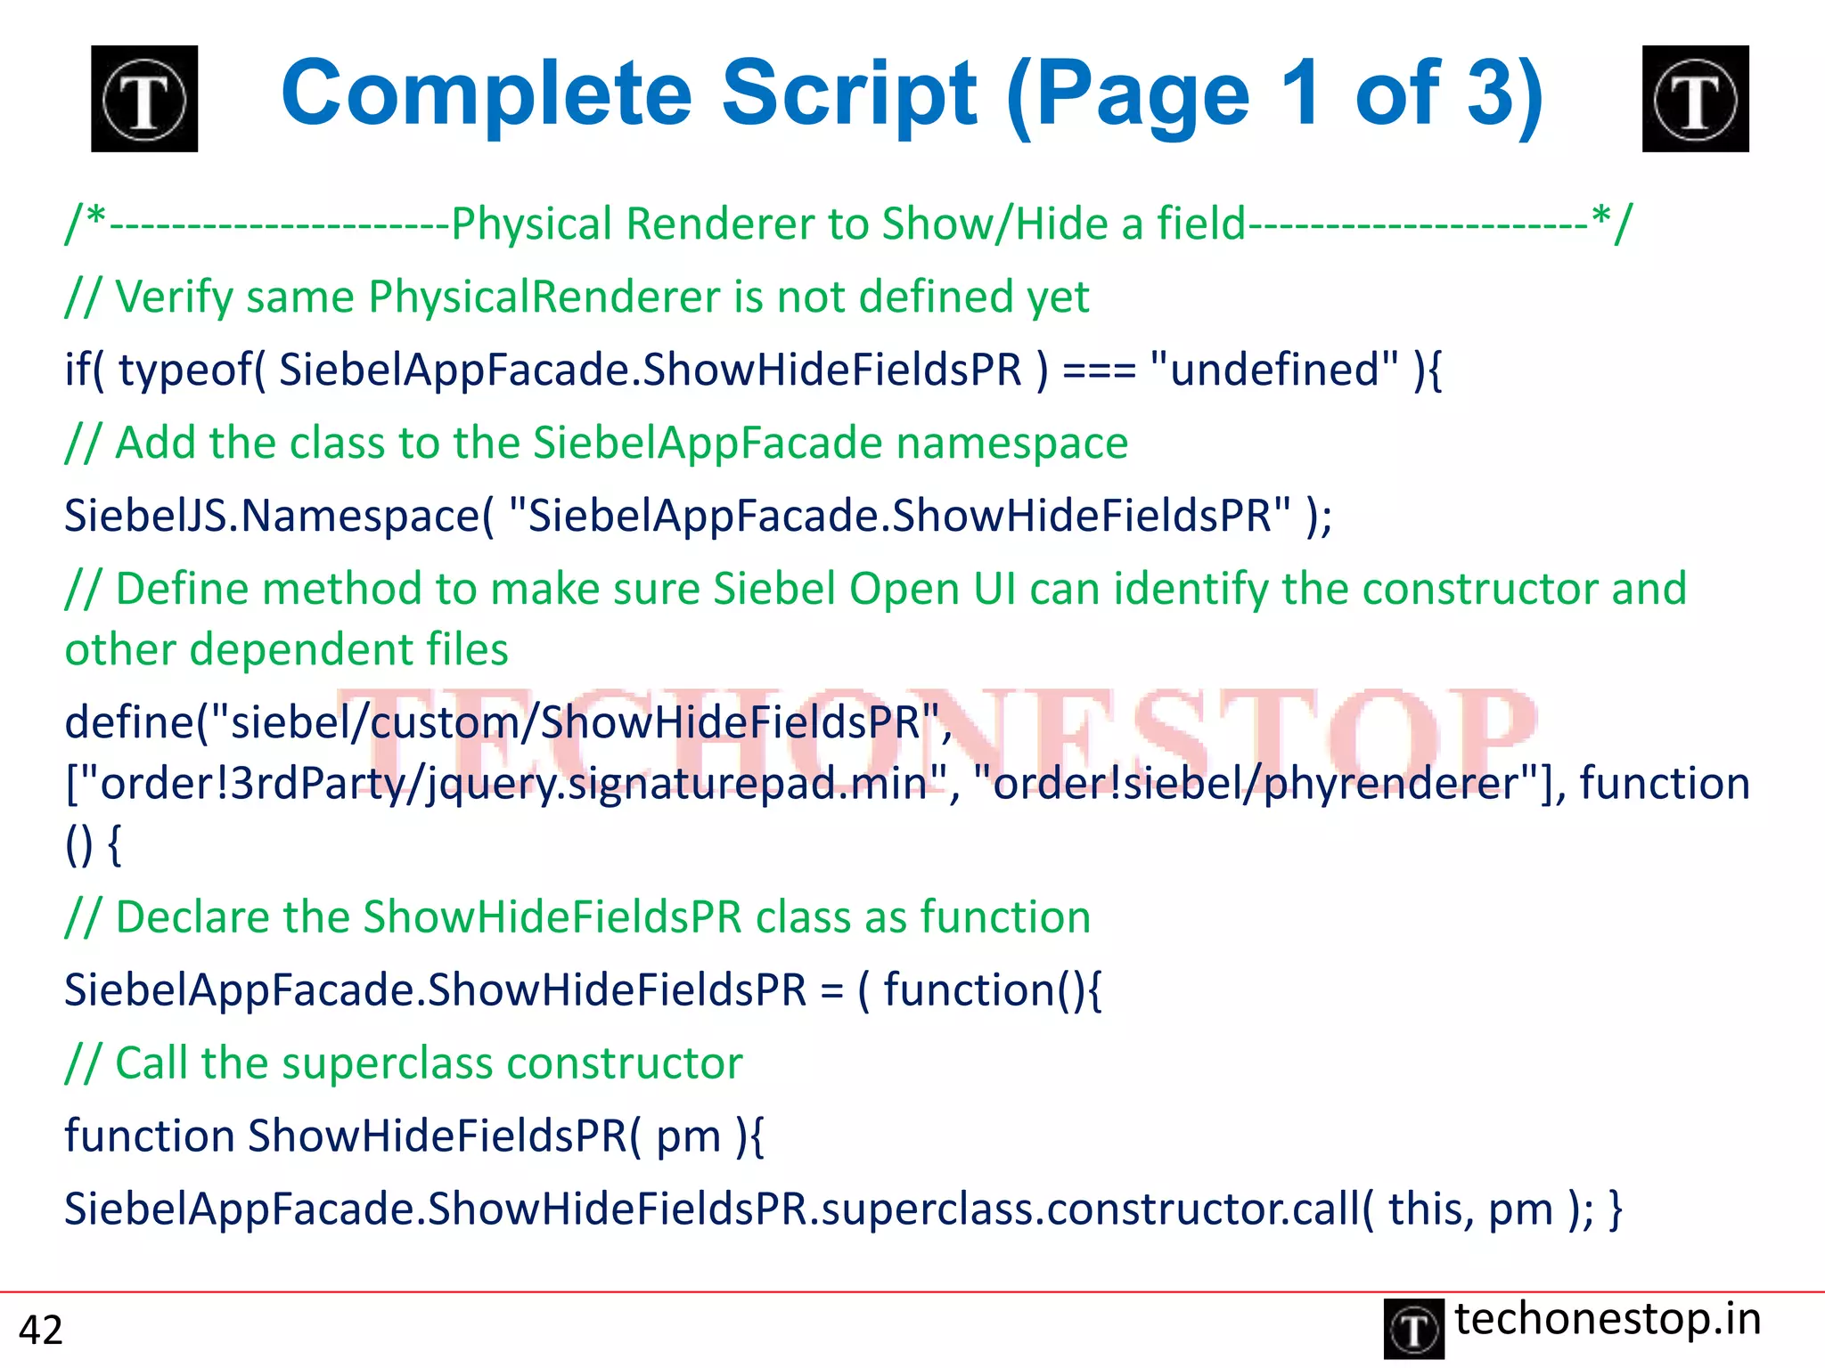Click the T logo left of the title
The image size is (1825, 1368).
144,99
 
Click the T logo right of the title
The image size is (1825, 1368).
1695,99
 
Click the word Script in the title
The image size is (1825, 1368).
848,94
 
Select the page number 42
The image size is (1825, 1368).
41,1330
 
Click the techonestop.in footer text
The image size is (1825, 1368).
1608,1319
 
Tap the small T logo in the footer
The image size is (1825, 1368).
1413,1329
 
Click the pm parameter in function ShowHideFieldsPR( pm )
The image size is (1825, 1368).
688,1137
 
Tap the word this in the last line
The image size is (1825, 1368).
1424,1209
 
